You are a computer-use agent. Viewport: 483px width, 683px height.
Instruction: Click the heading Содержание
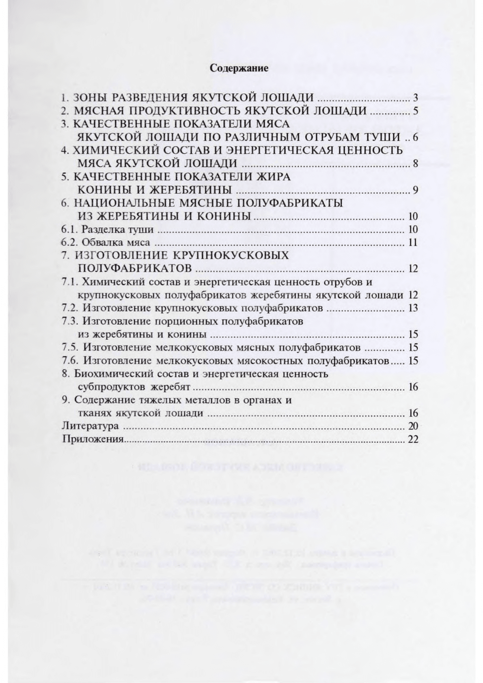239,68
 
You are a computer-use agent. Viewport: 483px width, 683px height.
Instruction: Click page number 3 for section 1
415,98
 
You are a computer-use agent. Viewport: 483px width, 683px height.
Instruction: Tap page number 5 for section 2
415,111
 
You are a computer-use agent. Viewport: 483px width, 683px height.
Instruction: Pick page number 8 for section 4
415,164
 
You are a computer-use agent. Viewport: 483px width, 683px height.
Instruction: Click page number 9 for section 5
415,190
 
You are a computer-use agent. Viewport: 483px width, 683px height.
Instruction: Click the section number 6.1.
69,230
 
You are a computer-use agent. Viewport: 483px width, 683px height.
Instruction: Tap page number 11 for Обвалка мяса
413,243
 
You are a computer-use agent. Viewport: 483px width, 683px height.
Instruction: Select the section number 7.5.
70,348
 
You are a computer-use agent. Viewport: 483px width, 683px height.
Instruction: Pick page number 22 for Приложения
413,440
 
